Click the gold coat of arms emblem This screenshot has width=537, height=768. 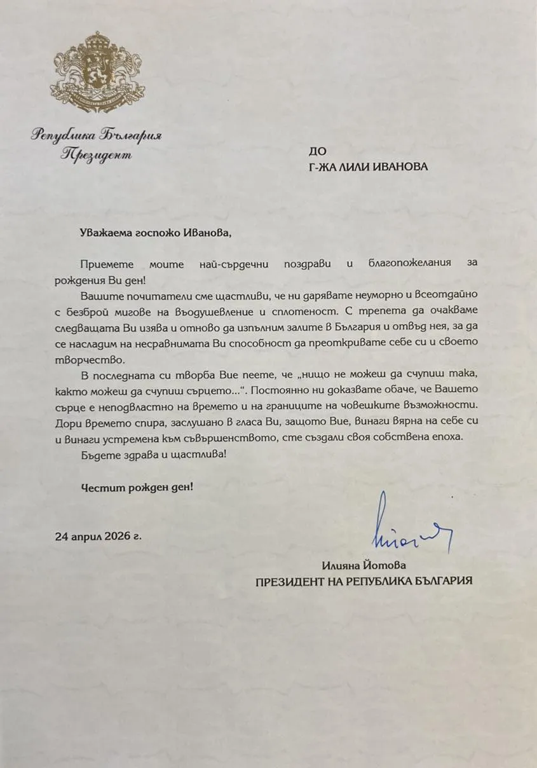pos(97,70)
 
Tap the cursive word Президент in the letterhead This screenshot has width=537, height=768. pos(97,154)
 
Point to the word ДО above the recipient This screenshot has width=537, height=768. pos(316,151)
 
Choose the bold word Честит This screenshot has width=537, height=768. pos(100,488)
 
